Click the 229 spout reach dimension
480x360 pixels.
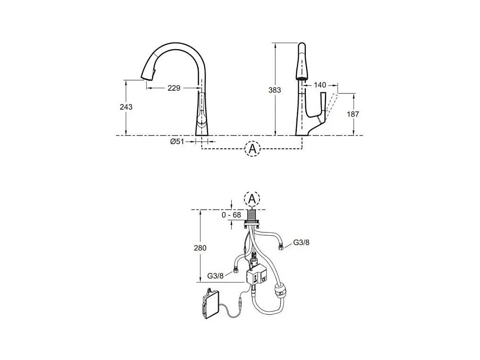click(x=174, y=88)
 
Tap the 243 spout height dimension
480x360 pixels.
click(x=126, y=107)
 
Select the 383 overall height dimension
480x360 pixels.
click(x=275, y=90)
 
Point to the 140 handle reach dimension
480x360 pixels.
click(x=320, y=85)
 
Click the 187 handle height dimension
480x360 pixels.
click(x=353, y=114)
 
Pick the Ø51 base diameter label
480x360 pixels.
click(x=177, y=141)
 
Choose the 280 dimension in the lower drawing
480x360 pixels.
click(x=200, y=248)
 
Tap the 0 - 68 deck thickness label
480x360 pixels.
click(x=231, y=215)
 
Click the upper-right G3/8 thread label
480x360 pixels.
click(x=301, y=242)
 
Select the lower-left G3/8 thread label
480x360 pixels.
click(x=216, y=276)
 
